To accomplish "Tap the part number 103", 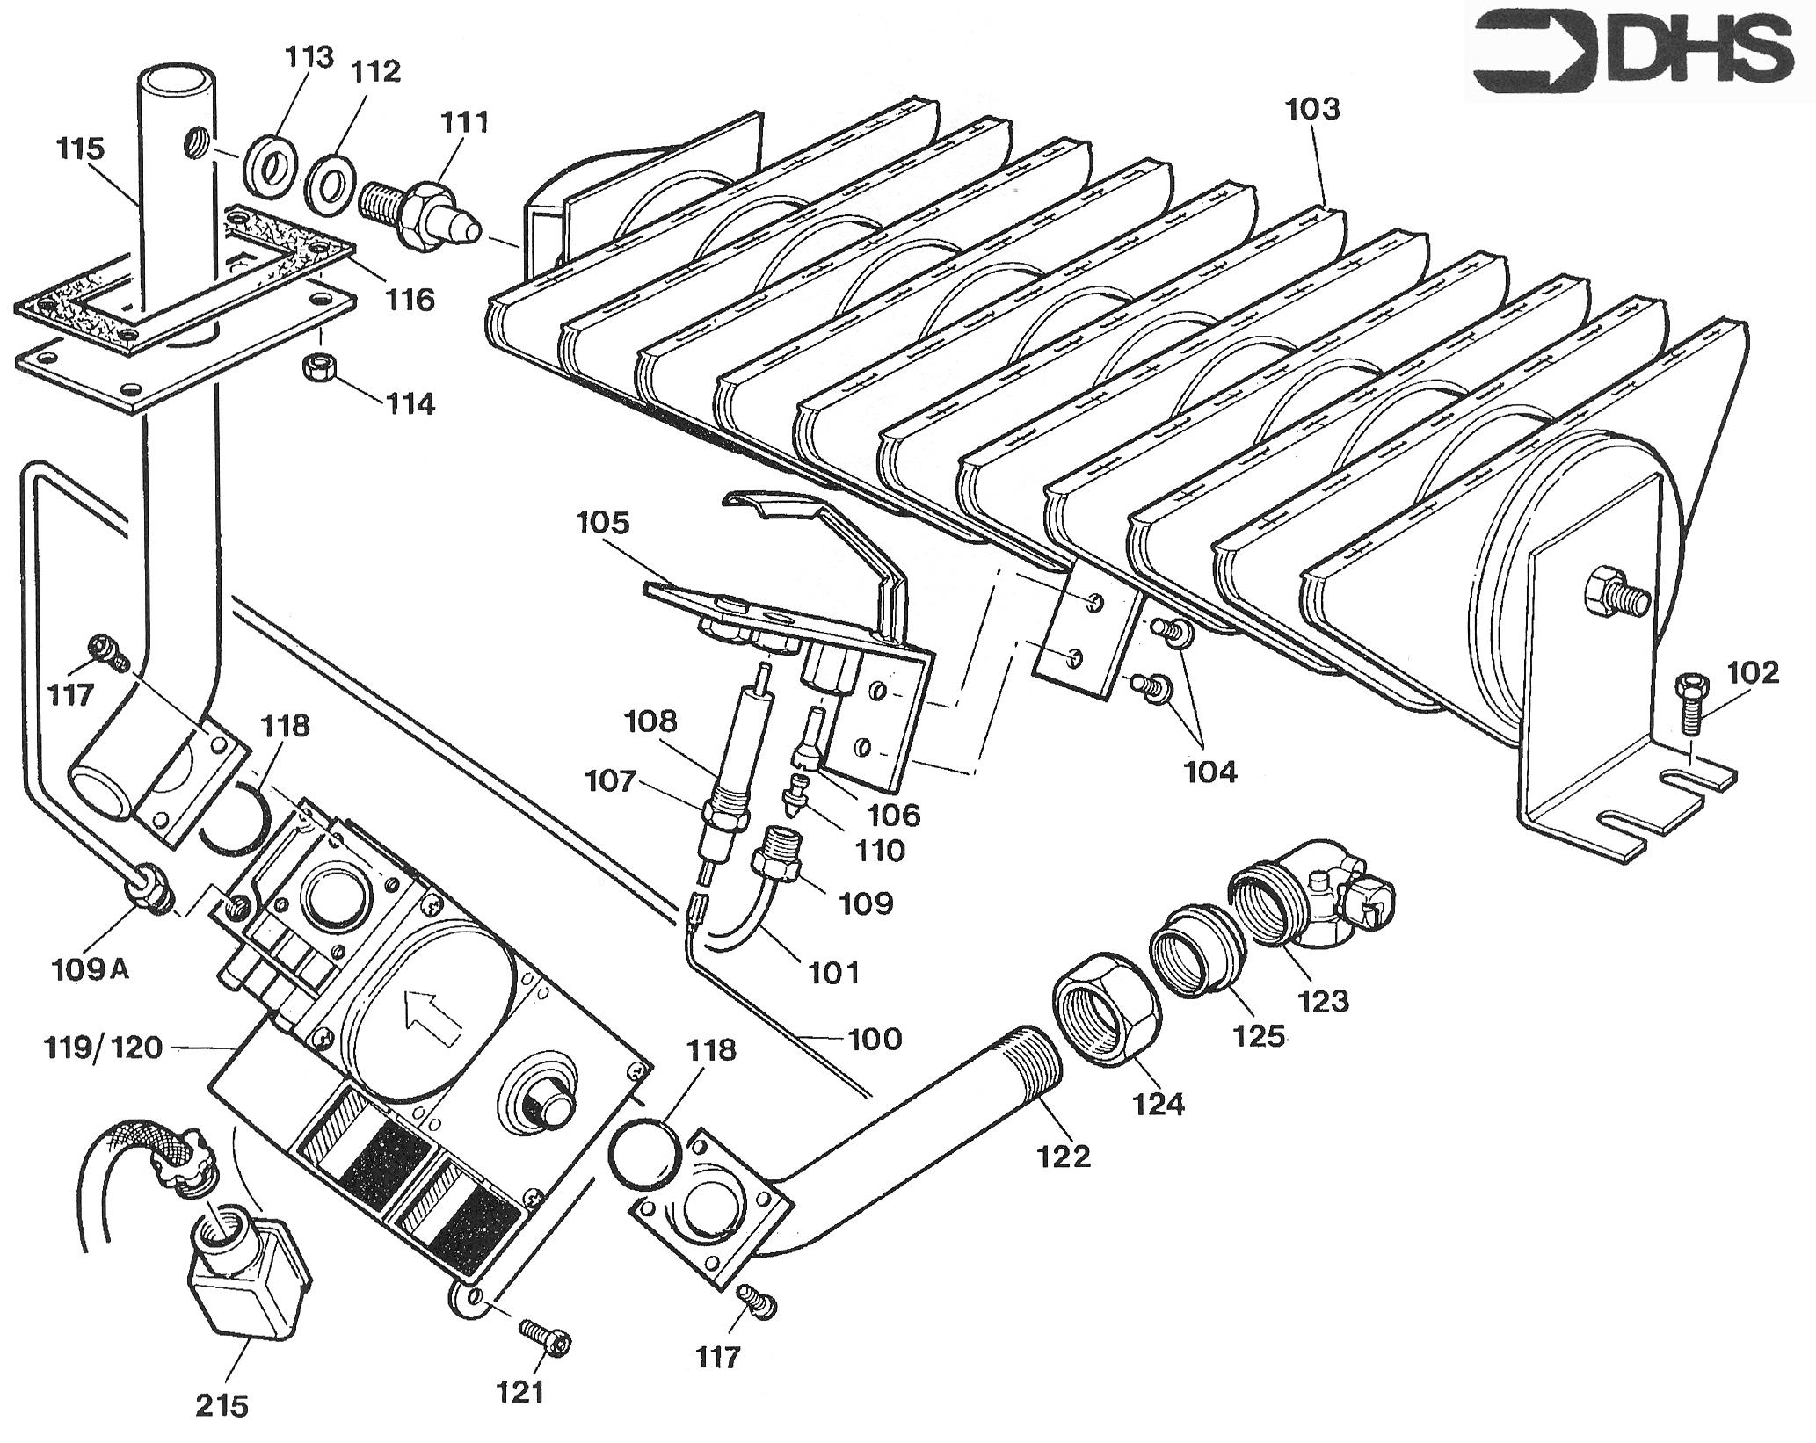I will coord(1313,111).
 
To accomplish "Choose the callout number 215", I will coord(222,1406).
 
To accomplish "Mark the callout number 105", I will coord(604,523).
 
